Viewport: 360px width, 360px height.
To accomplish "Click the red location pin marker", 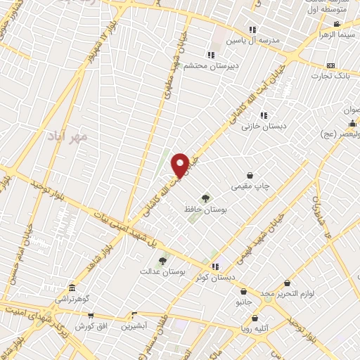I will (x=180, y=165).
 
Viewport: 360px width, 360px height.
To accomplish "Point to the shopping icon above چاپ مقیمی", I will (x=250, y=175).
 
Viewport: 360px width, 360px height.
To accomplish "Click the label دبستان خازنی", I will (x=257, y=127).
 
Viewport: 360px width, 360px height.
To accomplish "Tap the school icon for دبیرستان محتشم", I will (x=210, y=55).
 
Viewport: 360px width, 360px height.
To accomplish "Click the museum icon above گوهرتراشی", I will (x=72, y=288).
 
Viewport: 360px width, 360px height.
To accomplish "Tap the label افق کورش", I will (x=89, y=327).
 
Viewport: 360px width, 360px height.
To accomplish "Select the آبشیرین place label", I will (x=136, y=326).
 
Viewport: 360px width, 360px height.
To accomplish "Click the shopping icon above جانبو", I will (x=243, y=291).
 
